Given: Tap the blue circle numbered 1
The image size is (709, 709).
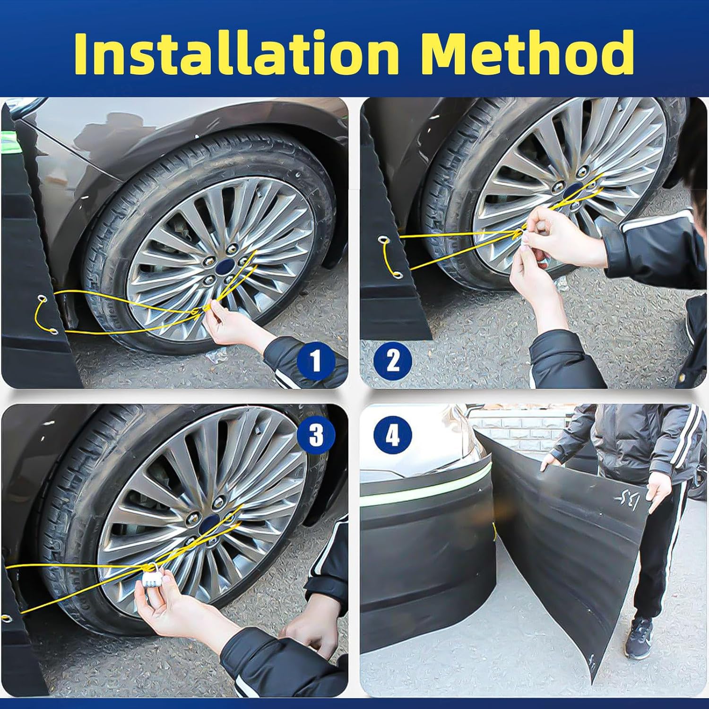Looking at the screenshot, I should [x=316, y=362].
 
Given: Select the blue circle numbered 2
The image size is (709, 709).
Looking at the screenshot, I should [x=392, y=362].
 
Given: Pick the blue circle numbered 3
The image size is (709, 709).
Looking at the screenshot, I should [x=316, y=434].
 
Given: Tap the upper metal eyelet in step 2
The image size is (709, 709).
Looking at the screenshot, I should [x=382, y=242].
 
